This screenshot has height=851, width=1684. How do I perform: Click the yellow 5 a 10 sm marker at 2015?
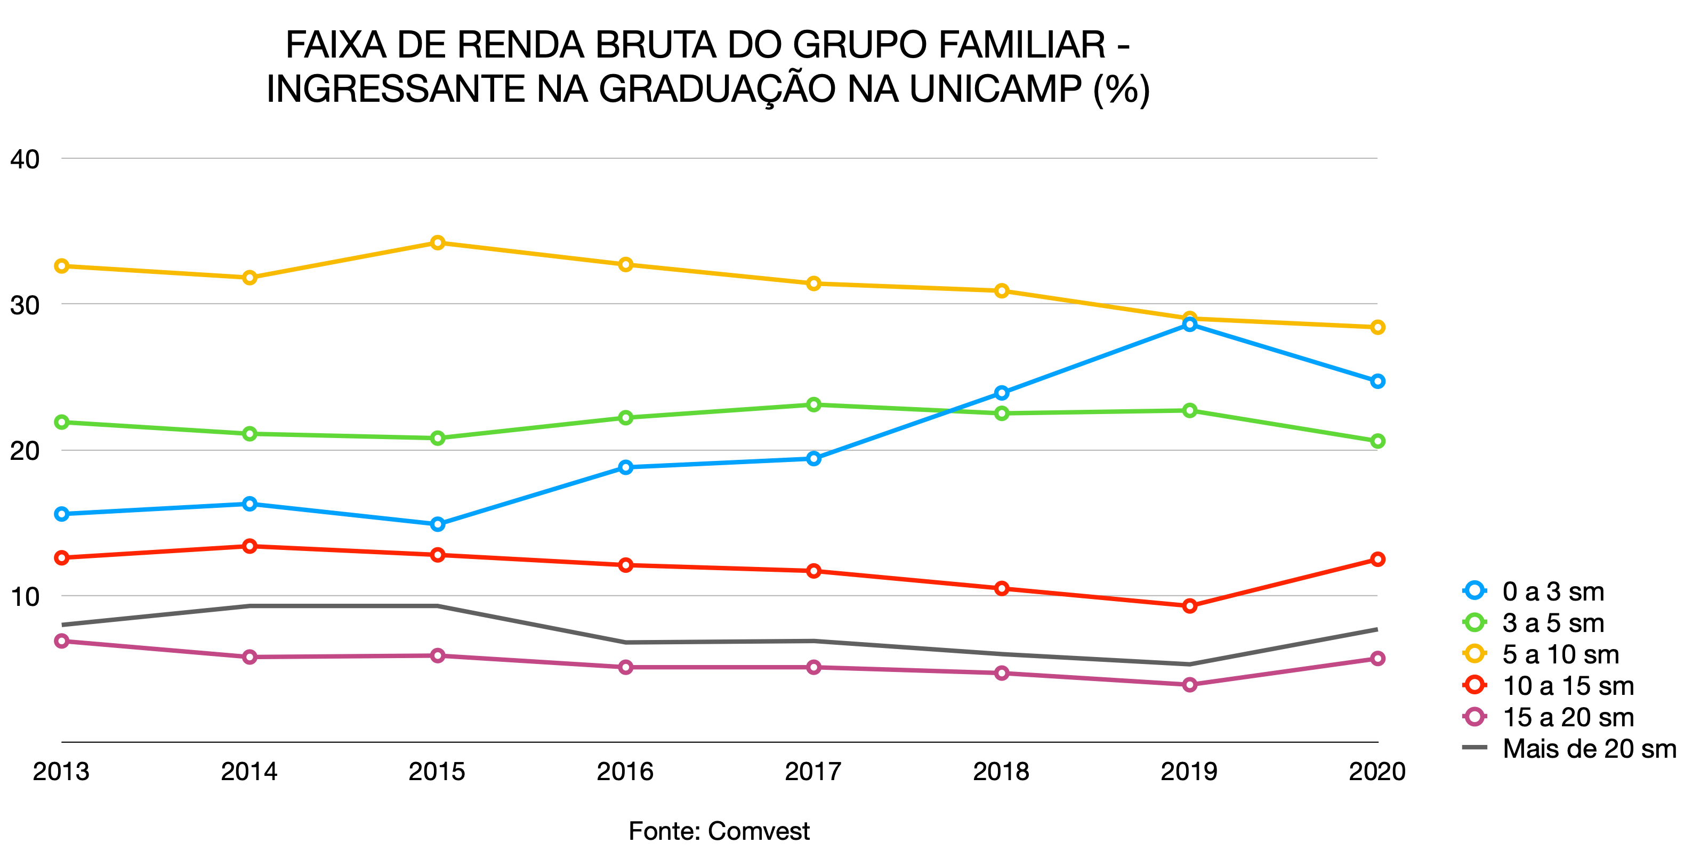[x=437, y=242]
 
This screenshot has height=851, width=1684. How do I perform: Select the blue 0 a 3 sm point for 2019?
[x=1189, y=324]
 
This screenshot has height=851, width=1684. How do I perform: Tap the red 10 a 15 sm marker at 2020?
[x=1377, y=559]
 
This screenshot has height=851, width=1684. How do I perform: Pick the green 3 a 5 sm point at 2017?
[x=813, y=404]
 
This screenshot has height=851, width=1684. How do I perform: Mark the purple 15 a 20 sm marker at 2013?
[x=61, y=641]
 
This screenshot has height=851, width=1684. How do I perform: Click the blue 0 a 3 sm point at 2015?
[x=437, y=523]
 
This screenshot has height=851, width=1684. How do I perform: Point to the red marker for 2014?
[x=249, y=546]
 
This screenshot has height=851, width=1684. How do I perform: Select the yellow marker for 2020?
[x=1377, y=327]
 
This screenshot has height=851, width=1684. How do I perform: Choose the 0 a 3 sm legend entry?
[x=1553, y=591]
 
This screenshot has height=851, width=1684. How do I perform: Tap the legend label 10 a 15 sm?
[x=1568, y=686]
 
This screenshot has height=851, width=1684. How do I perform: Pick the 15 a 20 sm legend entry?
[x=1568, y=717]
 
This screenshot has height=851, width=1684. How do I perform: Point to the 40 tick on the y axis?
[x=25, y=159]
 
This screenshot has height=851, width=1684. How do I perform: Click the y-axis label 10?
[x=25, y=596]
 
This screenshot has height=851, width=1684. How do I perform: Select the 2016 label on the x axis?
[x=624, y=771]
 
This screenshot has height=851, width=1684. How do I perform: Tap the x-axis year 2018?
[x=1001, y=771]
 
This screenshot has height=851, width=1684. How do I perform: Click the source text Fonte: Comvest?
[x=719, y=831]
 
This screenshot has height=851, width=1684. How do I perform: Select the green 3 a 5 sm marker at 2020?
[x=1377, y=441]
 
